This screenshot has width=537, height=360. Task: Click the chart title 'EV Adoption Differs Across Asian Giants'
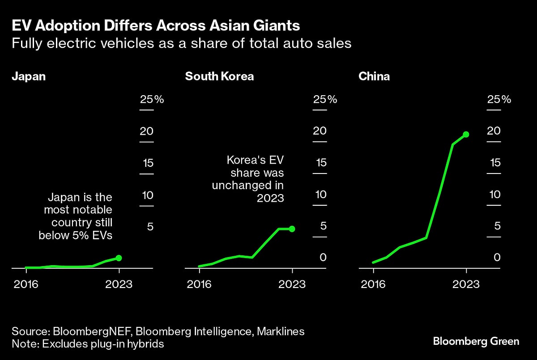pyautogui.click(x=155, y=25)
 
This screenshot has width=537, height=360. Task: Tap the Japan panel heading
pyautogui.click(x=29, y=76)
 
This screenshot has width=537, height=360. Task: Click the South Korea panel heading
pyautogui.click(x=219, y=76)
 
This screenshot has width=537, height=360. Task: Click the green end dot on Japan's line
pyautogui.click(x=119, y=258)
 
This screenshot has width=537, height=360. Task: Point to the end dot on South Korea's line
pyautogui.click(x=292, y=229)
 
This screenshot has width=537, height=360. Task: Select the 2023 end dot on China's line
pyautogui.click(x=466, y=134)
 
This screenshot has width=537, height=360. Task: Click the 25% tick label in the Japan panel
pyautogui.click(x=152, y=99)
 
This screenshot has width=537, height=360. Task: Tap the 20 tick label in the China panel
pyautogui.click(x=494, y=131)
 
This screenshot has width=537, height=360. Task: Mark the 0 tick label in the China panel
pyautogui.click(x=497, y=258)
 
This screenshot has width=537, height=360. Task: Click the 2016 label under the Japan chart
pyautogui.click(x=26, y=284)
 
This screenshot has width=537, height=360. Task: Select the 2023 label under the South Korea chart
pyautogui.click(x=292, y=284)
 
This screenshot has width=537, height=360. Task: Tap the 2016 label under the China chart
pyautogui.click(x=373, y=284)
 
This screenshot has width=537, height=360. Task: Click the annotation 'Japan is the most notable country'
pyautogui.click(x=76, y=216)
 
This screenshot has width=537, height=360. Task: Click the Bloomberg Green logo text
pyautogui.click(x=476, y=341)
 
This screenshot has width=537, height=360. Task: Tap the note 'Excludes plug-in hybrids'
pyautogui.click(x=88, y=344)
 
